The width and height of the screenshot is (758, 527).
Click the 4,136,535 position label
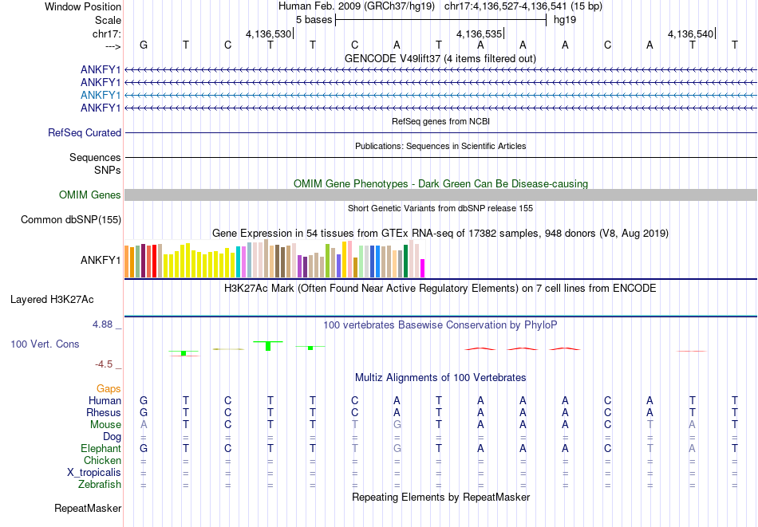pos(479,34)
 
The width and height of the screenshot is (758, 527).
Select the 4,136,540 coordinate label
pos(691,34)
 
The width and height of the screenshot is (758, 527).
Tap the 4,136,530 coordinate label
pos(268,34)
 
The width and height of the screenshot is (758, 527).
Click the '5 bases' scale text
pos(314,19)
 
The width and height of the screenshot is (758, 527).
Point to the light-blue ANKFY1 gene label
pos(101,95)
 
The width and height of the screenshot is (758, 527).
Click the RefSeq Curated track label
pos(85,133)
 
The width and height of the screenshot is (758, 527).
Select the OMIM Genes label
pos(90,195)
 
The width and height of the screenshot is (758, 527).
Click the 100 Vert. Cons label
pos(45,344)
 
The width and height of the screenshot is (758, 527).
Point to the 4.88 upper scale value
pos(103,324)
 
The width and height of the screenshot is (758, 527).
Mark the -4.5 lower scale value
pos(105,364)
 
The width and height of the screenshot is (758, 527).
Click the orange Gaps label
pos(109,388)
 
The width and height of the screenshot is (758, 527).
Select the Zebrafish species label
pos(100,484)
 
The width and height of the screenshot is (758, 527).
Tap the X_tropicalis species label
pos(94,472)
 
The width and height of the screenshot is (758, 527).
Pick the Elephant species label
pos(101,448)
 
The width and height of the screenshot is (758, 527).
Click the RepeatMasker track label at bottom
pos(88,508)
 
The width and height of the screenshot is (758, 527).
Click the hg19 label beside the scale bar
pos(565,19)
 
